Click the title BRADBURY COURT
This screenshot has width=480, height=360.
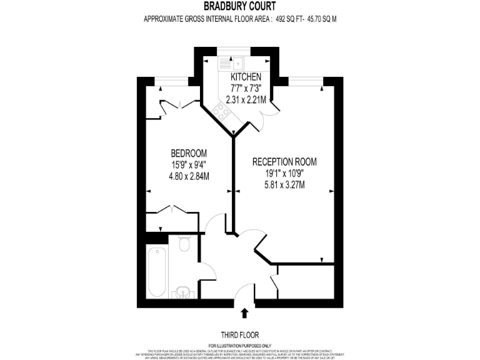tap(240, 7)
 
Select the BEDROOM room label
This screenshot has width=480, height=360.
tap(189, 153)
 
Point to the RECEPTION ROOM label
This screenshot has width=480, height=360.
tap(284, 162)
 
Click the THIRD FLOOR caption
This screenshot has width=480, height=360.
tap(240, 334)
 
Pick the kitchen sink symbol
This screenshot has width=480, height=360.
tap(231, 62)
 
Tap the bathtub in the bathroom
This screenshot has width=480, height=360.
tap(156, 273)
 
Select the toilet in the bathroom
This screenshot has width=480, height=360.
tap(184, 244)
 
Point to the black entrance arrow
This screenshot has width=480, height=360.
tap(244, 313)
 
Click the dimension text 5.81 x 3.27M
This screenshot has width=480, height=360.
tap(284, 184)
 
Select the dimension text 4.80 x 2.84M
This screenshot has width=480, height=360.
tap(189, 176)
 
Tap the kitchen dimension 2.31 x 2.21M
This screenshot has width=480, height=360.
tap(246, 99)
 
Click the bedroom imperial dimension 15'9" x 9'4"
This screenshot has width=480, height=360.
tap(189, 165)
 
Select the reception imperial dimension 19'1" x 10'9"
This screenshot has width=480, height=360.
tap(284, 173)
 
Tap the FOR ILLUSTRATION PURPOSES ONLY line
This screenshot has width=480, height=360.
tap(240, 346)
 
